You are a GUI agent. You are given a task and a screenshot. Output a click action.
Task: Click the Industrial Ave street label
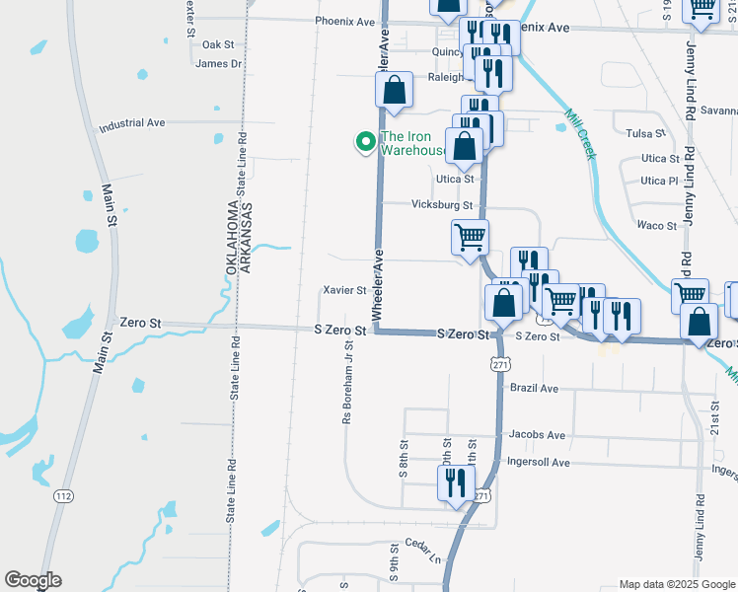click(131, 124)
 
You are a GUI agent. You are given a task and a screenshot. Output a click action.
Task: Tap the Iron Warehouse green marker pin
click(365, 143)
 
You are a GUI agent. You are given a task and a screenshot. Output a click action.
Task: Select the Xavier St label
click(345, 291)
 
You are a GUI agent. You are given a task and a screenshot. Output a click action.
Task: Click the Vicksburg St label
click(442, 205)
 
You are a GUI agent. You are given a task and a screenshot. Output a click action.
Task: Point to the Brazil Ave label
click(534, 389)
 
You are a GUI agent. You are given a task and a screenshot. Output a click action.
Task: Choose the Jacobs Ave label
click(537, 435)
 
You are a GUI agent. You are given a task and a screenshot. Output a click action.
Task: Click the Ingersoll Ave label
click(539, 463)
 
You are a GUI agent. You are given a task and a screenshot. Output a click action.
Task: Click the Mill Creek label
click(576, 133)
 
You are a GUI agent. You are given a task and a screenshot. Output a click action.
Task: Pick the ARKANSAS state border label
click(248, 236)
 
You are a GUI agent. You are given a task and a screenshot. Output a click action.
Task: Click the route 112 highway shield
click(64, 494)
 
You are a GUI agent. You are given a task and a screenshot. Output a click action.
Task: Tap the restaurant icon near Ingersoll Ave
click(455, 483)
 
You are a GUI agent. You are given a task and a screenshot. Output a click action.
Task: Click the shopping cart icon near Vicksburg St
click(471, 236)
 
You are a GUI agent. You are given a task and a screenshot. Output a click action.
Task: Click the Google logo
click(33, 580)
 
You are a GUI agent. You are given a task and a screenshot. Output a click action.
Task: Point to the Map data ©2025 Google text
click(676, 584)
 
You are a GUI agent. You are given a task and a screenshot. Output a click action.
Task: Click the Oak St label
click(217, 45)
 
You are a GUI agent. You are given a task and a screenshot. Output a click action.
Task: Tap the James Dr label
click(219, 64)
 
